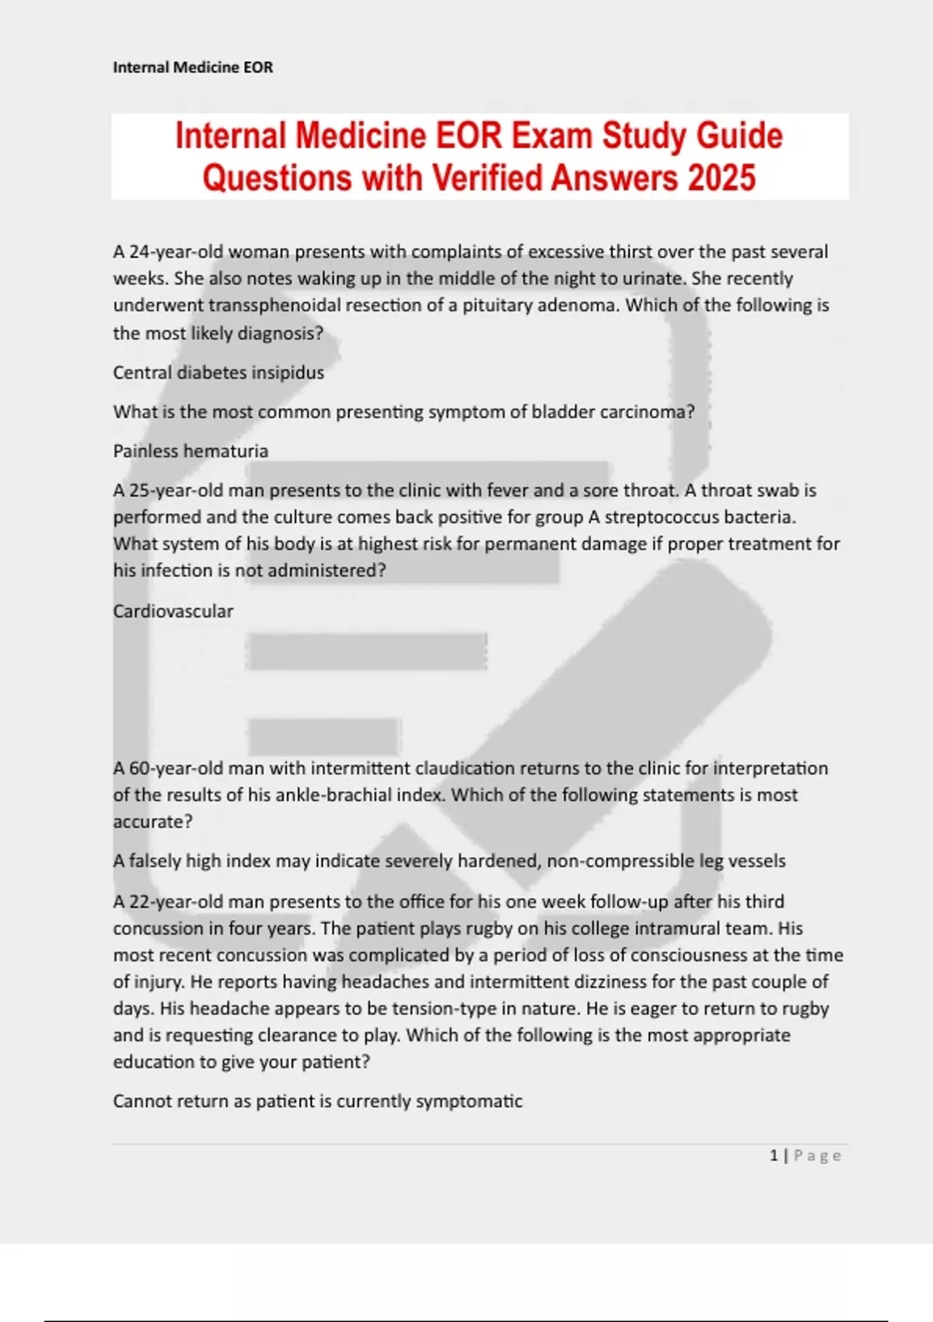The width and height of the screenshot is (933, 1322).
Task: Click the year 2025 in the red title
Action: (722, 178)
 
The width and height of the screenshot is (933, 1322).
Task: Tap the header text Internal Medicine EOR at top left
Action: (193, 68)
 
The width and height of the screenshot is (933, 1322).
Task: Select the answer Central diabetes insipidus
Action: (218, 372)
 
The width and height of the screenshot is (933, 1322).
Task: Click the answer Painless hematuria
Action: (190, 451)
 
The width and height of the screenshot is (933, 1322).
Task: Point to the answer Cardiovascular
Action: (173, 611)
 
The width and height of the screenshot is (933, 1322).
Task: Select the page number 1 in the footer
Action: (774, 1156)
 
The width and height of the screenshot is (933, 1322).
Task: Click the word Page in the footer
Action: (817, 1156)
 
